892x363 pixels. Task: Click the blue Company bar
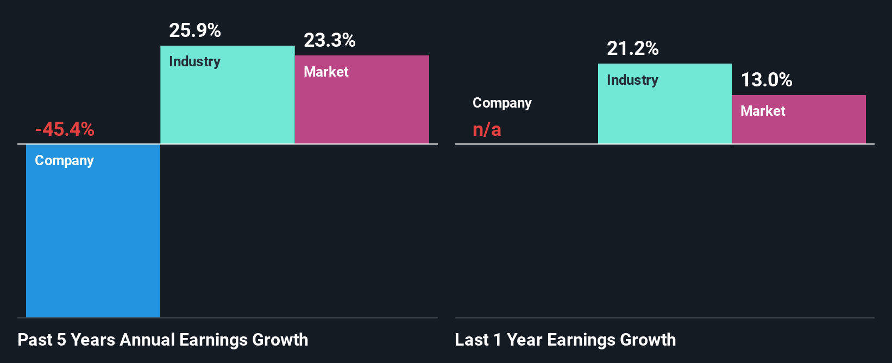(x=93, y=239)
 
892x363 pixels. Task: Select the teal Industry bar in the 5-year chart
(x=227, y=103)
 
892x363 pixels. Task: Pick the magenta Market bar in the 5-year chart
(x=362, y=109)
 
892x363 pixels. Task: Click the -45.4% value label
(x=65, y=129)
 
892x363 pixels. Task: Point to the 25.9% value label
(x=194, y=30)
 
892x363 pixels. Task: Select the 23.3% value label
(x=329, y=40)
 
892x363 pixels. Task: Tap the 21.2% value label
(x=632, y=49)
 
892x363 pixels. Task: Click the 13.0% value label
(x=767, y=80)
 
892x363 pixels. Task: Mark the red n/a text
(x=487, y=129)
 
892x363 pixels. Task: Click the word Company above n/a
(x=502, y=103)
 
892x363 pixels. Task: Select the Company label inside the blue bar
(x=64, y=161)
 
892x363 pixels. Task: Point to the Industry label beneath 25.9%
(x=194, y=61)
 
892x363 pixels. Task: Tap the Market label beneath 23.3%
(x=326, y=72)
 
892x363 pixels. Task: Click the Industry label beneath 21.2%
(x=632, y=80)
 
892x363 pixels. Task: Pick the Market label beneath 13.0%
(x=763, y=111)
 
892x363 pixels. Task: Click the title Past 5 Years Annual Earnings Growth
(x=162, y=340)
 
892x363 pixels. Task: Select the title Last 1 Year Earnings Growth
(x=565, y=340)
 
